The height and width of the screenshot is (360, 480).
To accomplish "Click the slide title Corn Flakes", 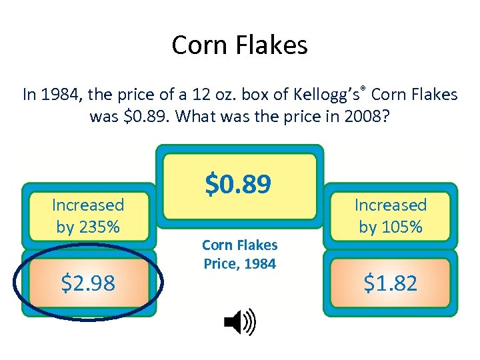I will [239, 45].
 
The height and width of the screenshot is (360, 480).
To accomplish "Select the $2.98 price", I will [88, 283].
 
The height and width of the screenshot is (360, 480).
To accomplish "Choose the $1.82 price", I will [390, 283].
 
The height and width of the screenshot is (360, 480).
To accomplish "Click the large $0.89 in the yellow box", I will [239, 184].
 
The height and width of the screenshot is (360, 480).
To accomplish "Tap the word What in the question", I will [201, 117].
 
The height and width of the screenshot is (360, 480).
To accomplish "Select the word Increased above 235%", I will [88, 205].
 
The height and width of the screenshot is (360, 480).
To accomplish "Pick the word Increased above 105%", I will [390, 205].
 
